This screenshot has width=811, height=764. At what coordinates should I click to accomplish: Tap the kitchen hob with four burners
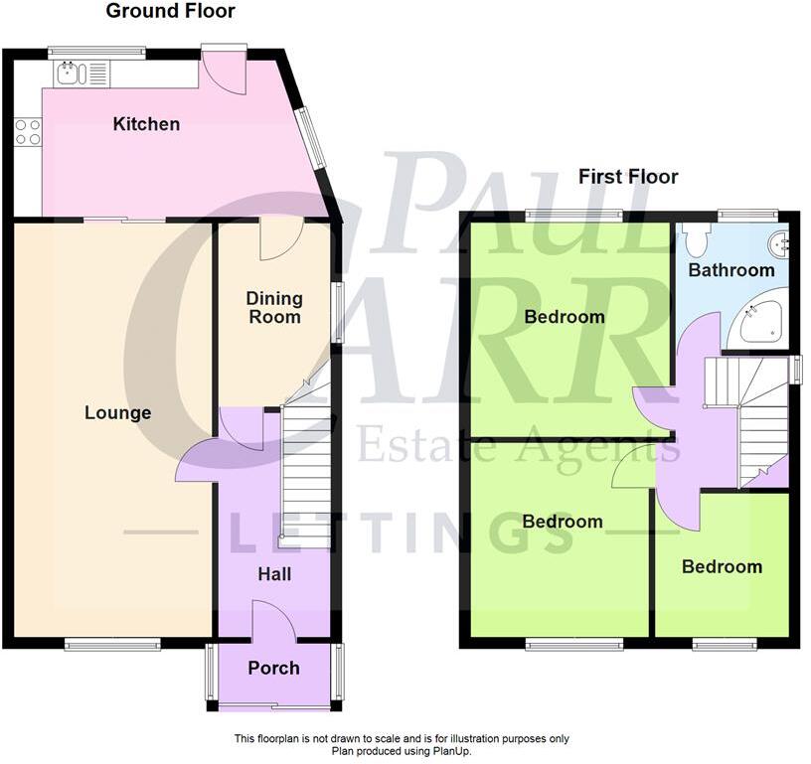pyautogui.click(x=27, y=133)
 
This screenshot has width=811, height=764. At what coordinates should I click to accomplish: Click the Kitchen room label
pyautogui.click(x=146, y=124)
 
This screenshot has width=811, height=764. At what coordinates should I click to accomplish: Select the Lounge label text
pyautogui.click(x=117, y=412)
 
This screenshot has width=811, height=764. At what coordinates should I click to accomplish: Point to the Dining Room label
pyautogui.click(x=273, y=307)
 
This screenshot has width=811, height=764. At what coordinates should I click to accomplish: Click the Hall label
pyautogui.click(x=274, y=574)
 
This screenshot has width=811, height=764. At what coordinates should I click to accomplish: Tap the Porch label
pyautogui.click(x=273, y=668)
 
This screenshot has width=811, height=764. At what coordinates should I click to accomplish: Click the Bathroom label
pyautogui.click(x=731, y=269)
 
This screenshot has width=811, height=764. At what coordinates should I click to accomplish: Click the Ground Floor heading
pyautogui.click(x=170, y=12)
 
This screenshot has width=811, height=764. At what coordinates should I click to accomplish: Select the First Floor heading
pyautogui.click(x=628, y=177)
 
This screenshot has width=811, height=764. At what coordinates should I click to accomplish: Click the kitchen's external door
pyautogui.click(x=222, y=68)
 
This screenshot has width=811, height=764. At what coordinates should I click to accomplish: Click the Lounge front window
pyautogui.click(x=112, y=645)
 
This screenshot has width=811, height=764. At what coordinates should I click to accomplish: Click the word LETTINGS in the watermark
pyautogui.click(x=403, y=533)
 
